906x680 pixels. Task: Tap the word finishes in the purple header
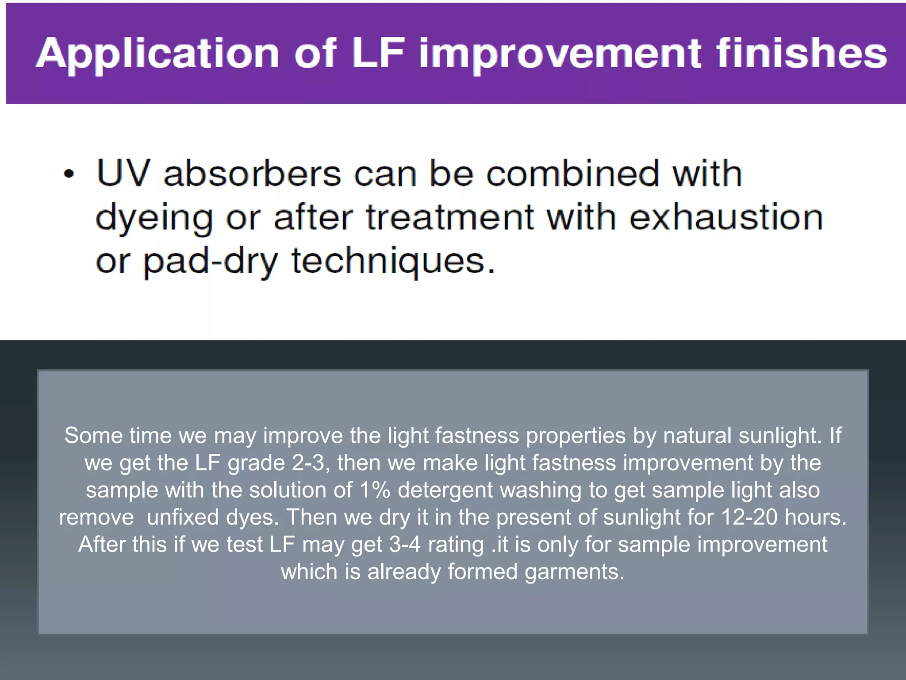pyautogui.click(x=801, y=53)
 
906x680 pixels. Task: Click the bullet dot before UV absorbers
pyautogui.click(x=69, y=174)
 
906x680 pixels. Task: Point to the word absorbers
pyautogui.click(x=252, y=173)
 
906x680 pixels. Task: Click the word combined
pyautogui.click(x=572, y=173)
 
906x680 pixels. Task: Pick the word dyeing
pyautogui.click(x=154, y=219)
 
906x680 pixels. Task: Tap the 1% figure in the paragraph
pyautogui.click(x=374, y=490)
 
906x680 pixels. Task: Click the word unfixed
pyautogui.click(x=183, y=517)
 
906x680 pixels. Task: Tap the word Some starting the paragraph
pyautogui.click(x=93, y=436)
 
